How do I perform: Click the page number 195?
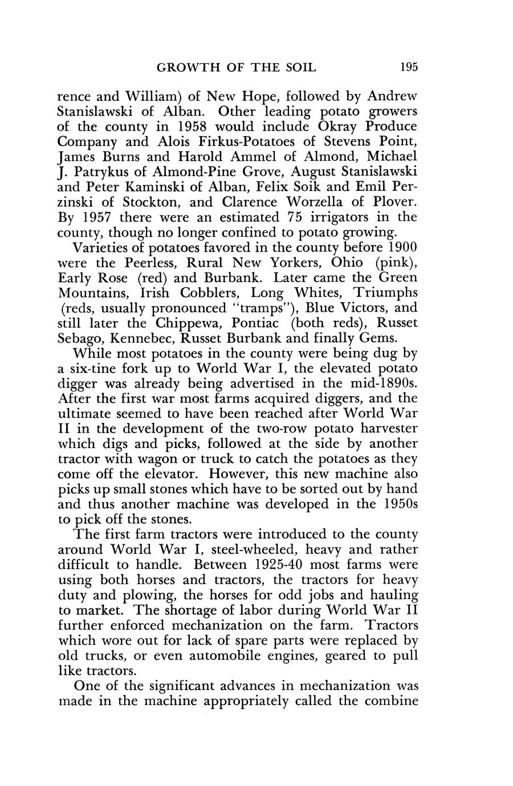(409, 67)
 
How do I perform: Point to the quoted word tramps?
(271, 308)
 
